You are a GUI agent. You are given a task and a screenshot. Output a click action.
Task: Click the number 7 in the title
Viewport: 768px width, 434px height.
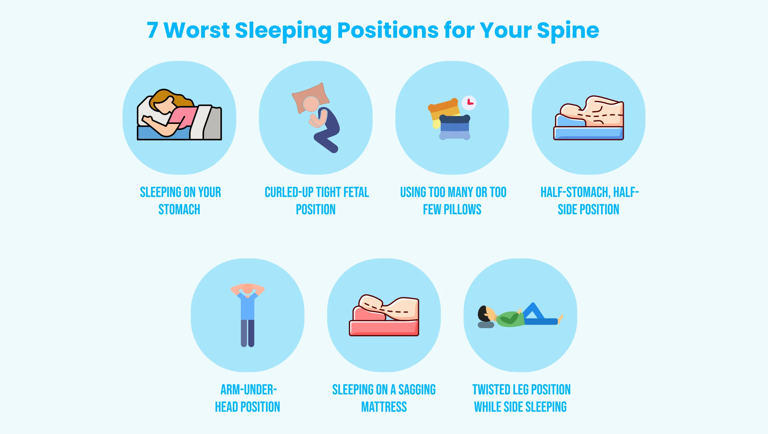152,30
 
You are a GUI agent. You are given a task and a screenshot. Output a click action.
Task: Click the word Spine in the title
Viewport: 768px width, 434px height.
568,31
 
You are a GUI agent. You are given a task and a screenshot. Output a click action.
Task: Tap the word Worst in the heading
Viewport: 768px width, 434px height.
197,30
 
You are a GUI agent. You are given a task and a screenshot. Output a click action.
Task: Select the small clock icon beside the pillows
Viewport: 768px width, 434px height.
469,103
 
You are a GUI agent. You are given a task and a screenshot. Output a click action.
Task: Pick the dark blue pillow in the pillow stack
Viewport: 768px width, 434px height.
455,120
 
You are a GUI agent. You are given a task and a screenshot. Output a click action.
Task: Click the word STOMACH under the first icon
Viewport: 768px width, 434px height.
179,209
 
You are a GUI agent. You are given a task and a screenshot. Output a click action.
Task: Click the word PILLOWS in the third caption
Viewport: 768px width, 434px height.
462,209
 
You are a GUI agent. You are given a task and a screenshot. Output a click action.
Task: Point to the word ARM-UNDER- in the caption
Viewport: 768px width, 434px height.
249,390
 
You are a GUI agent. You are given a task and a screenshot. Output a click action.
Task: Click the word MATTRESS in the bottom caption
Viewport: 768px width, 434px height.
384,407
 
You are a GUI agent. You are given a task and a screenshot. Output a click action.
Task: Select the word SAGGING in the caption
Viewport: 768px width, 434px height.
417,390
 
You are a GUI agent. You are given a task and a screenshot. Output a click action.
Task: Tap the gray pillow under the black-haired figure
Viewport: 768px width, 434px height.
486,325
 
